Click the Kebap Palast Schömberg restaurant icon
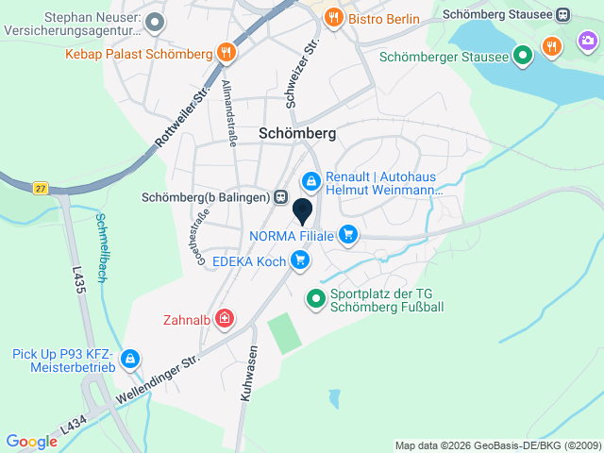tap(225, 53)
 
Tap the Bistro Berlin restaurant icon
tap(333, 18)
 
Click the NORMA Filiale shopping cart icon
tap(349, 235)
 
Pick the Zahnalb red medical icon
tap(225, 319)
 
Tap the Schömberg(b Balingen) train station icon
tap(280, 197)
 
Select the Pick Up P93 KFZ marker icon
tap(130, 360)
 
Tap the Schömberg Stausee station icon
tap(563, 15)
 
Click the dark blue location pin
tap(303, 210)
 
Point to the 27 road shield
tap(39, 187)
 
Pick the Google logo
tap(31, 442)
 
